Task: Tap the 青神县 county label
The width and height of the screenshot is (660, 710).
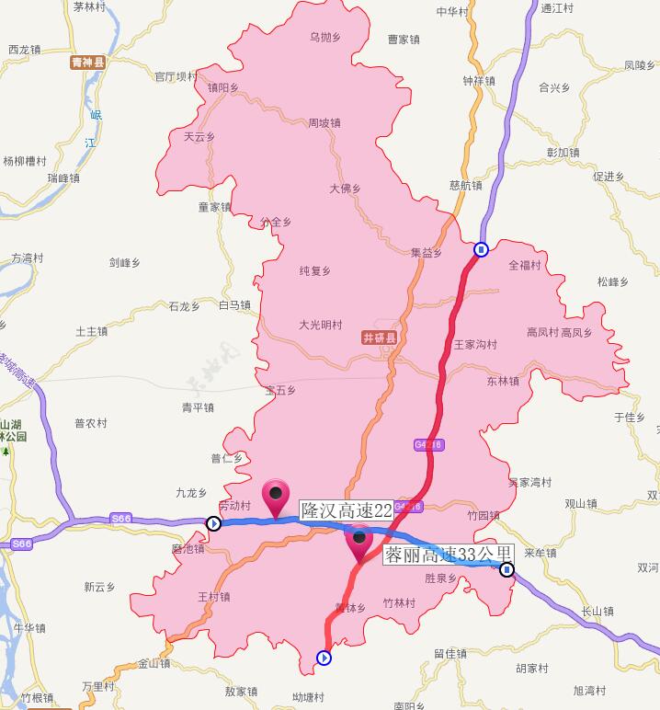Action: tap(89, 63)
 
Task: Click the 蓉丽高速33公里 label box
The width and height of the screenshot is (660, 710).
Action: tap(447, 555)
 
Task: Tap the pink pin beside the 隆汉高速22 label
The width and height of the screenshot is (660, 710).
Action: tap(276, 497)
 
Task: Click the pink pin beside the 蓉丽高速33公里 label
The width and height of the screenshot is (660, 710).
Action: tap(359, 541)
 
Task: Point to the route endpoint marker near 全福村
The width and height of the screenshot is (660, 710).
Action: tap(481, 249)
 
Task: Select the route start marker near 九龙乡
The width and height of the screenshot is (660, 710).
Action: tap(213, 524)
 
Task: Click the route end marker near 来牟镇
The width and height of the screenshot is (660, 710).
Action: tap(506, 570)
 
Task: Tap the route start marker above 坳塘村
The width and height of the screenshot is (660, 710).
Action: tap(324, 658)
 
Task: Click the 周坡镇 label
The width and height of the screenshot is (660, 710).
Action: tap(324, 122)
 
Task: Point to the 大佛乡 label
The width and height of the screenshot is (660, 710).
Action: tap(345, 189)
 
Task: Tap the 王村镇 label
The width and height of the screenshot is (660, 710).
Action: tap(214, 597)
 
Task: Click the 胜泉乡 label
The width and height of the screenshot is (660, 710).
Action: tap(441, 578)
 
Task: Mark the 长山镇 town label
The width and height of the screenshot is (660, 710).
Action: tap(597, 611)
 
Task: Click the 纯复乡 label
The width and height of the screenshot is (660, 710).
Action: tap(315, 270)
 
